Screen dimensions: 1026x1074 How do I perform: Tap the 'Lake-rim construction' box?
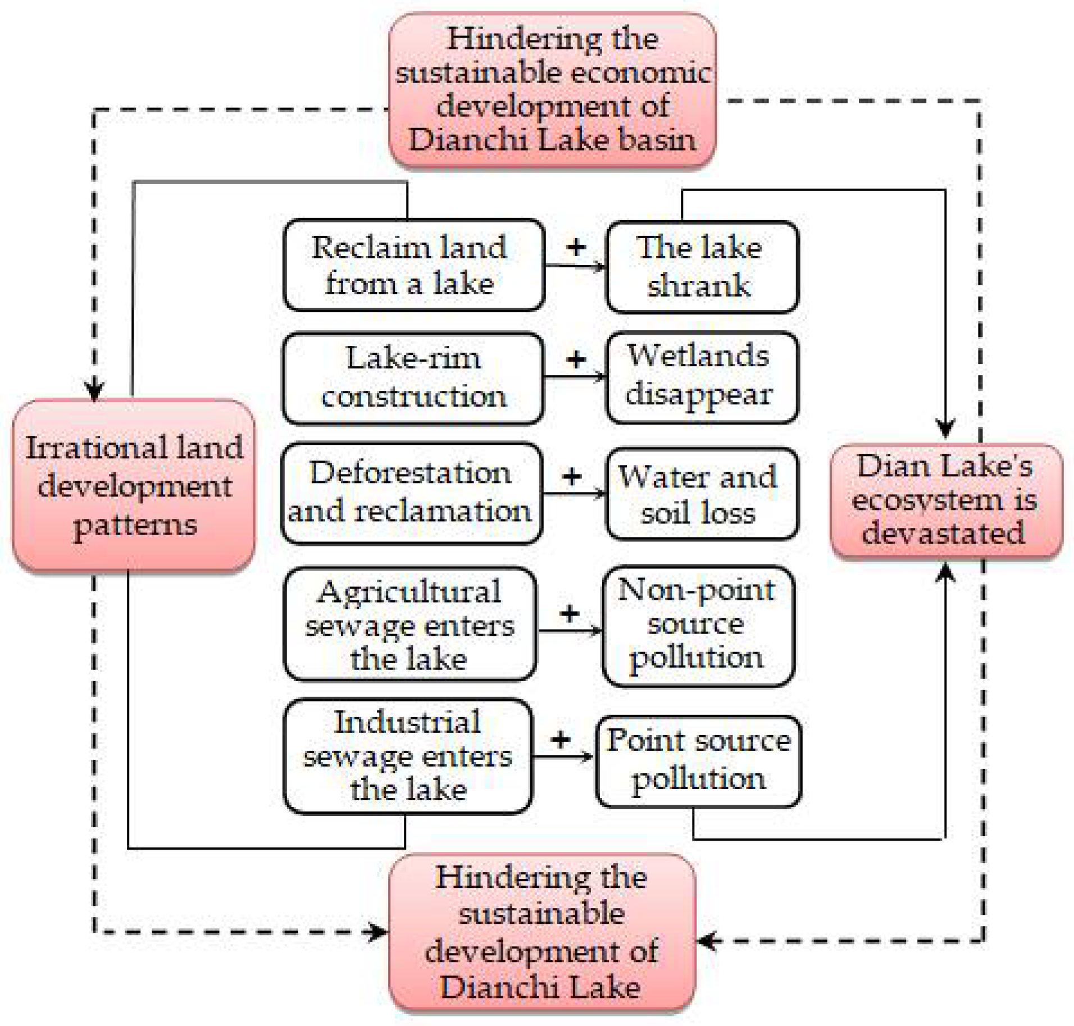tap(413, 377)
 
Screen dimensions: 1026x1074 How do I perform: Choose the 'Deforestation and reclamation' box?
tap(411, 493)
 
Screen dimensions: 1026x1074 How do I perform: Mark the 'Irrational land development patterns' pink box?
tap(134, 486)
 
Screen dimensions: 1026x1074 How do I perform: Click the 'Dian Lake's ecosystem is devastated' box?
tap(945, 500)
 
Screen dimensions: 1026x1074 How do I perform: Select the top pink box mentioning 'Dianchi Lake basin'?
tap(552, 90)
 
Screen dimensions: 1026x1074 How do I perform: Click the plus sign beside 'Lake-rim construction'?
tap(576, 359)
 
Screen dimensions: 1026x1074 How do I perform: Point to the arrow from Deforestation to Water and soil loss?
tap(574, 494)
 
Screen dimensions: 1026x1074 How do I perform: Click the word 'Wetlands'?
tap(698, 355)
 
